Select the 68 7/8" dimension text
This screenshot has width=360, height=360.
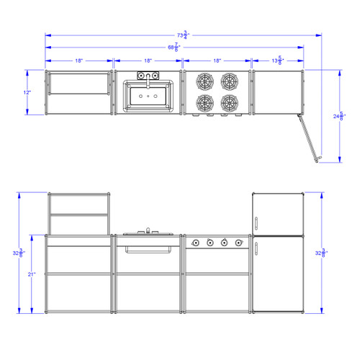174,47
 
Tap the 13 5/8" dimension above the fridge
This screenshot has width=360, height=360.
277,60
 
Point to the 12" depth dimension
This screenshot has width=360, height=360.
27,92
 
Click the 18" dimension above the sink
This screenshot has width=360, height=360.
148,61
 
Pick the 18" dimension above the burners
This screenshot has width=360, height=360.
217,61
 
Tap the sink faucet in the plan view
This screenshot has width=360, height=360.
148,77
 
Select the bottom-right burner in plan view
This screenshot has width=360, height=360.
230,102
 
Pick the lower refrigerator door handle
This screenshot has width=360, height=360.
256,248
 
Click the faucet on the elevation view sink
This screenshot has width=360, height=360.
148,230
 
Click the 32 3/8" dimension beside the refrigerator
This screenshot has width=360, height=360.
320,253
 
